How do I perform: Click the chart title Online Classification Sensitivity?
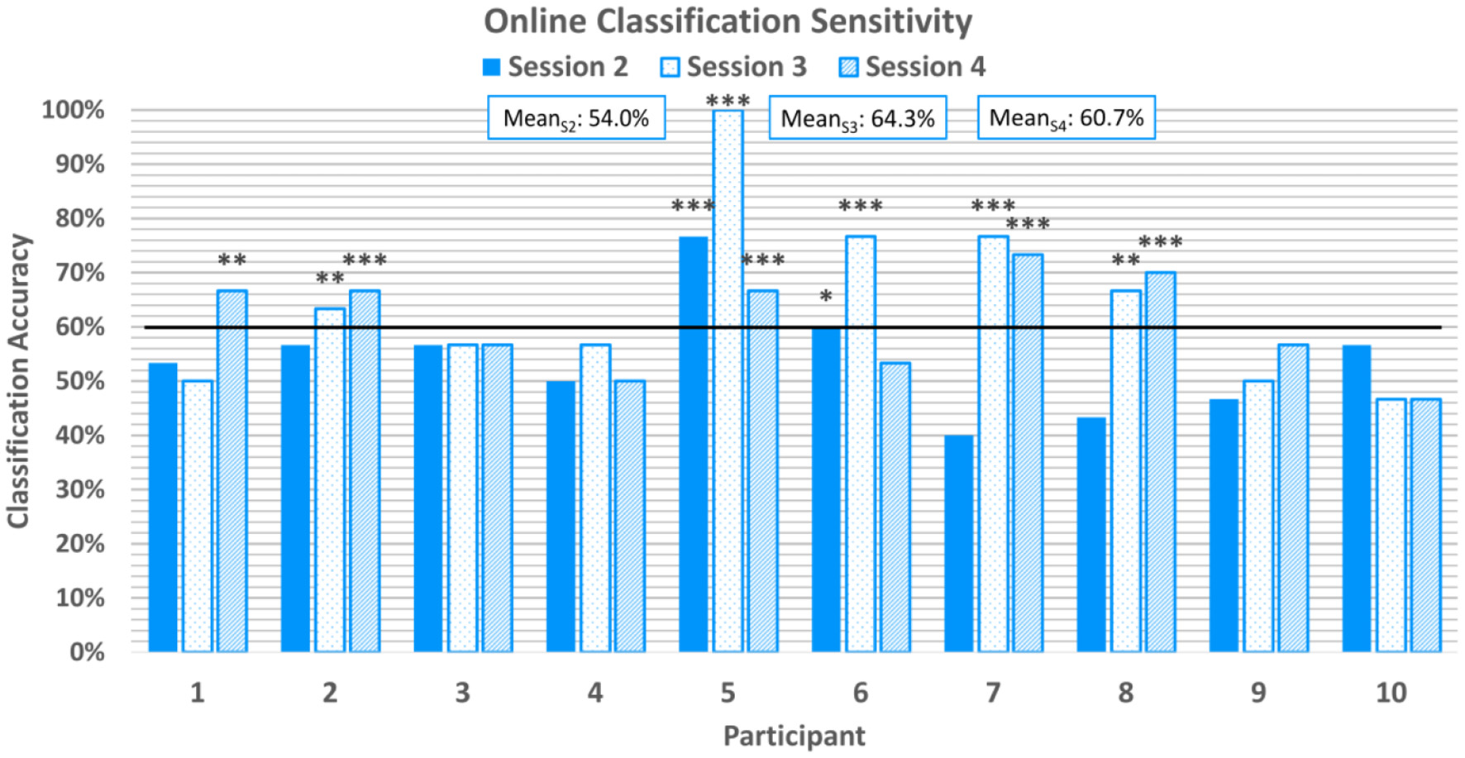728,21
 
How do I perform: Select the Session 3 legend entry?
733,67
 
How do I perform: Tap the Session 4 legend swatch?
849,67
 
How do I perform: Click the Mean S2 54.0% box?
576,118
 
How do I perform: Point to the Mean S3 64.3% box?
857,118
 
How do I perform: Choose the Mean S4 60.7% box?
1066,118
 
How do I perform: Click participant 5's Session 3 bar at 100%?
728,380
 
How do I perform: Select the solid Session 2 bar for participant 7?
958,543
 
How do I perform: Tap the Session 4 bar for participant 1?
231,471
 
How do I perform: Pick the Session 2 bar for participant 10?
1356,498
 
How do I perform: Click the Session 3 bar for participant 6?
861,444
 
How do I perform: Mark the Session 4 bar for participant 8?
1160,462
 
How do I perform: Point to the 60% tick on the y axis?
81,327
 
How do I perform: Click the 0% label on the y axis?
87,652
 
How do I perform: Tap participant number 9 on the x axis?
1257,693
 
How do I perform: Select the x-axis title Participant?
794,736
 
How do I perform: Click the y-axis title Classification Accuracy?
18,380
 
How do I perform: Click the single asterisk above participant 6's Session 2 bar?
825,297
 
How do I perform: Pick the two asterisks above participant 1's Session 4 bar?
231,260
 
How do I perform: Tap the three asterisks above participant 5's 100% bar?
728,101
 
